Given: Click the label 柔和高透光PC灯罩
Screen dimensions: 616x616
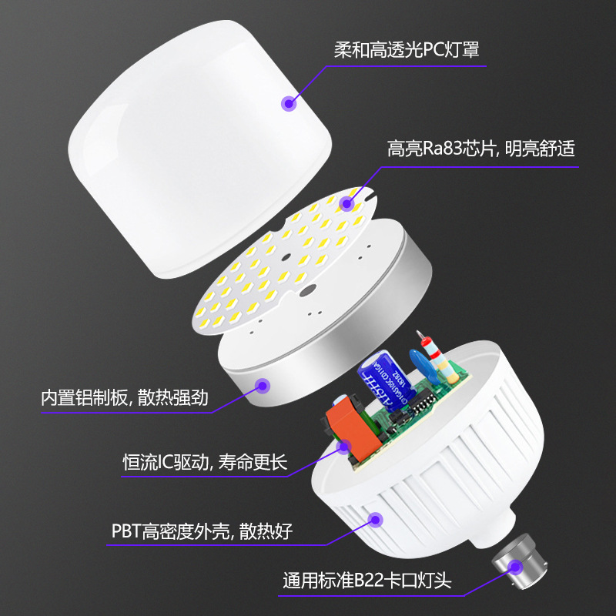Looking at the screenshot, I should click(407, 50).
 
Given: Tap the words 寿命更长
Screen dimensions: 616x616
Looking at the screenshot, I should click(253, 462).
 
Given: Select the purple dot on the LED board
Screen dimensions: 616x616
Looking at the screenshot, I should click(346, 204).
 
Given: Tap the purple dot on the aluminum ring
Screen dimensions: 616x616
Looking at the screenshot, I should click(264, 386).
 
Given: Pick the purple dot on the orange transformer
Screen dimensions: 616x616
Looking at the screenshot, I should click(343, 446).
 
